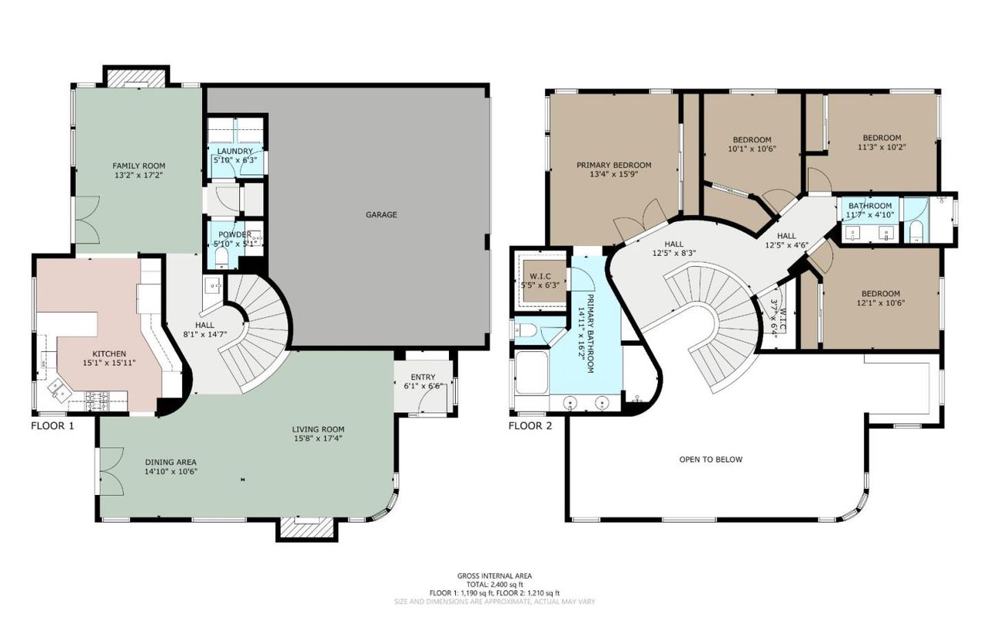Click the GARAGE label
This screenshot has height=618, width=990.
pyautogui.click(x=381, y=214)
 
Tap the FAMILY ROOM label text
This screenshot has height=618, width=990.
pyautogui.click(x=138, y=165)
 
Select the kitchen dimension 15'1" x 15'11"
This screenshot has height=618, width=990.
pyautogui.click(x=104, y=362)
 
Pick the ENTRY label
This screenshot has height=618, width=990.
pyautogui.click(x=423, y=376)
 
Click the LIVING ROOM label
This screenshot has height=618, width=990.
pyautogui.click(x=317, y=429)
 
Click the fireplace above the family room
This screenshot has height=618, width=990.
pyautogui.click(x=135, y=78)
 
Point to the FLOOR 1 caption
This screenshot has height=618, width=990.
pyautogui.click(x=52, y=425)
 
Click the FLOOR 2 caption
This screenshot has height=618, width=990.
pyautogui.click(x=530, y=425)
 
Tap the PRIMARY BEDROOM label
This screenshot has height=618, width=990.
pyautogui.click(x=614, y=164)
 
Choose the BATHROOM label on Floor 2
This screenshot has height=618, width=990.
pyautogui.click(x=870, y=206)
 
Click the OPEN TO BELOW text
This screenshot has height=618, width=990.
pyautogui.click(x=710, y=460)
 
